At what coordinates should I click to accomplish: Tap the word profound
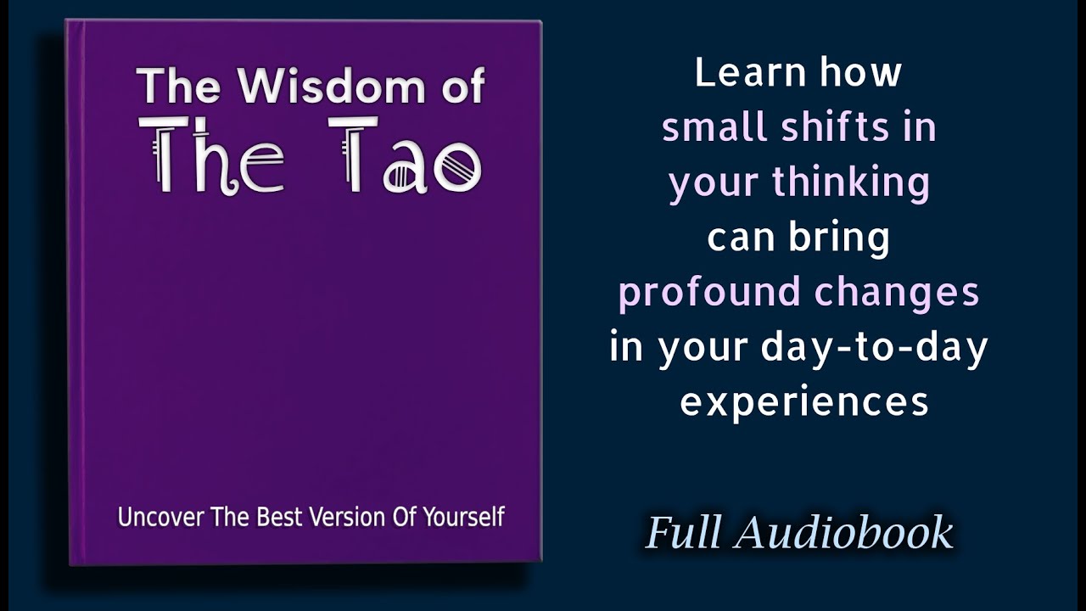click(709, 293)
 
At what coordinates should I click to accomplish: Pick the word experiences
click(804, 402)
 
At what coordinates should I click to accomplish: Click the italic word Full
click(684, 533)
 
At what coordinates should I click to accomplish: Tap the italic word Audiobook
click(844, 533)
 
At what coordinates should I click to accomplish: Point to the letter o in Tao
click(457, 168)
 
